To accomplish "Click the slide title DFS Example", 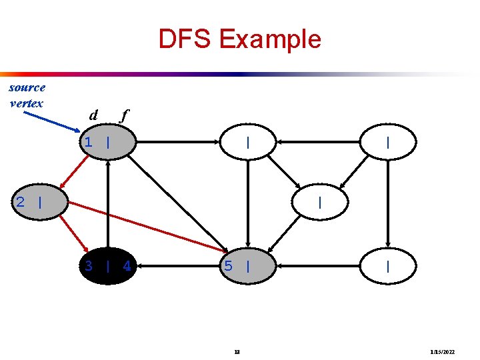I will click(x=239, y=39).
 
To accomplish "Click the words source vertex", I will click(x=27, y=95).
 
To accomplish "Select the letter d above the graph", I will click(x=93, y=115).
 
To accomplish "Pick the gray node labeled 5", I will click(x=248, y=266).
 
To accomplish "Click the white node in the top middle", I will click(x=248, y=142).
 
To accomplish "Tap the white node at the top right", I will click(x=388, y=142).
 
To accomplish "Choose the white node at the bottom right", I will click(x=388, y=266).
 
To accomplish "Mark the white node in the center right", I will click(x=321, y=202).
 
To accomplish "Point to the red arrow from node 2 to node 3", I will click(x=73, y=233).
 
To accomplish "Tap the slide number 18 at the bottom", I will click(x=237, y=351).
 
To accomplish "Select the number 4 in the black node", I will click(x=127, y=266).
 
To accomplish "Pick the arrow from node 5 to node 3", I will click(x=178, y=266).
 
